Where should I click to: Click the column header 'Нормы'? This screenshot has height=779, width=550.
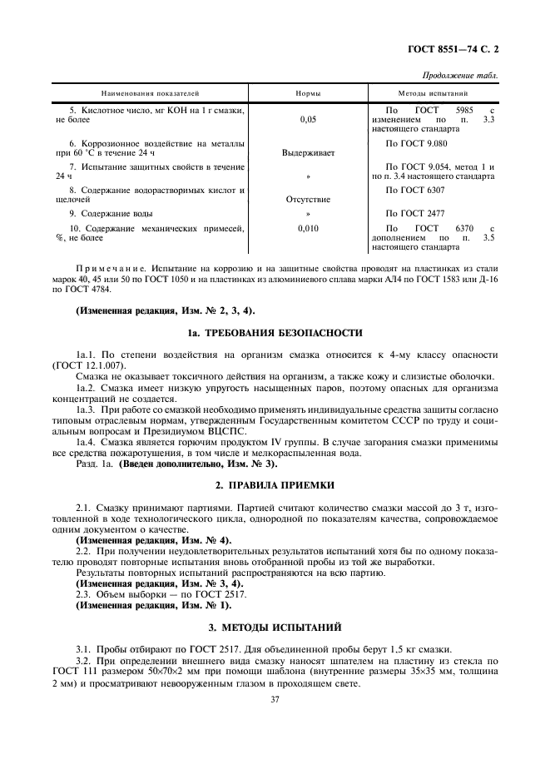(308, 94)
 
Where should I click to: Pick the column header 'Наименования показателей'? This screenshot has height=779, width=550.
(151, 94)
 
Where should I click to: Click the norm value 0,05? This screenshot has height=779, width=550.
(308, 120)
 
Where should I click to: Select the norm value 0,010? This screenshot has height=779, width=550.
(308, 228)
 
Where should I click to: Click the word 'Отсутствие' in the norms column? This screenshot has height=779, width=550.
(308, 200)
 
